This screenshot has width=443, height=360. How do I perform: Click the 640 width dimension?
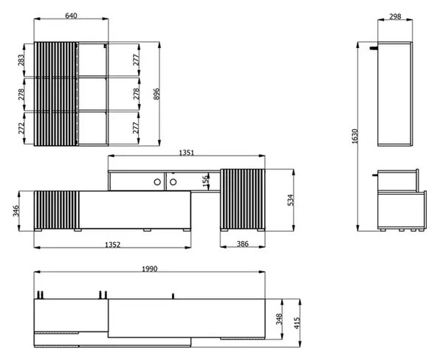click(71, 15)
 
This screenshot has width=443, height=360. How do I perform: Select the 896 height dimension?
click(157, 94)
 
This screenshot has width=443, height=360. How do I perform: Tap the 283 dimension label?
click(21, 60)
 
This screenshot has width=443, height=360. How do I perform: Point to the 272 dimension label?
click(21, 128)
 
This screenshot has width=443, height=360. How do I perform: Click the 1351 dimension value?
click(187, 153)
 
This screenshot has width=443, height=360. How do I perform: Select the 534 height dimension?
click(290, 200)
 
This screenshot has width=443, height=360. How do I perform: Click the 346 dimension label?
click(16, 211)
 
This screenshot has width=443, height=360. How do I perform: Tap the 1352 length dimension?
click(112, 244)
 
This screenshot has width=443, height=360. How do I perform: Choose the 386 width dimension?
click(242, 244)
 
